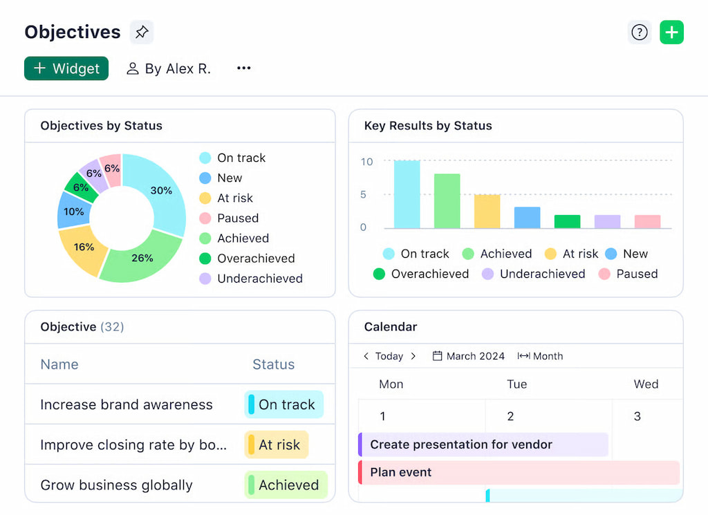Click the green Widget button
(x=66, y=68)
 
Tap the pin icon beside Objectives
(x=142, y=32)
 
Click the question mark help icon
(x=640, y=32)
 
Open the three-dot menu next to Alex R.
(x=243, y=68)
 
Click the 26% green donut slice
(x=141, y=257)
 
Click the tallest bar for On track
(x=407, y=194)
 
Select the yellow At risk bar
(x=487, y=212)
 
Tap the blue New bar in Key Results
(x=527, y=218)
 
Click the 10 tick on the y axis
(x=366, y=162)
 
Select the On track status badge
(x=284, y=405)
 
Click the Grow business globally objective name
(x=116, y=485)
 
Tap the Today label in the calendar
(x=389, y=356)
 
